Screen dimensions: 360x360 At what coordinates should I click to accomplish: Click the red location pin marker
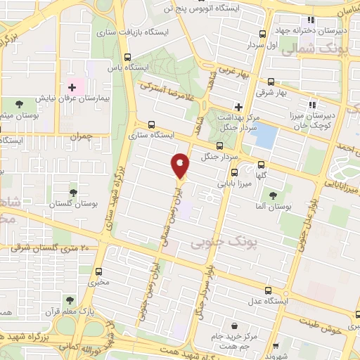pos(181,166)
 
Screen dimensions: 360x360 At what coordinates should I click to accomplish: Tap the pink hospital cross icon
pos(72,87)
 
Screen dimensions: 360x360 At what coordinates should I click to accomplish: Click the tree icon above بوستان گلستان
pos(73,192)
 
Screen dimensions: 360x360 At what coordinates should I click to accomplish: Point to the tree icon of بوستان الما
pos(273,195)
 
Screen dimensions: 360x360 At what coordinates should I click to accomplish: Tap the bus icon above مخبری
pos(98,271)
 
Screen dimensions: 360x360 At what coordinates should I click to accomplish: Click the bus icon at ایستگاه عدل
pos(268,290)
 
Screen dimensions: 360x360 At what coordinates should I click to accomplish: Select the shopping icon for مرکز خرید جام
pos(236,325)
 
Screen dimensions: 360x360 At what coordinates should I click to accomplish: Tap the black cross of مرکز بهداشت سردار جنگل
pos(238,107)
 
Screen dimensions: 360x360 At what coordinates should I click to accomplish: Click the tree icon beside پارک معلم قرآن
pos(79,310)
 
